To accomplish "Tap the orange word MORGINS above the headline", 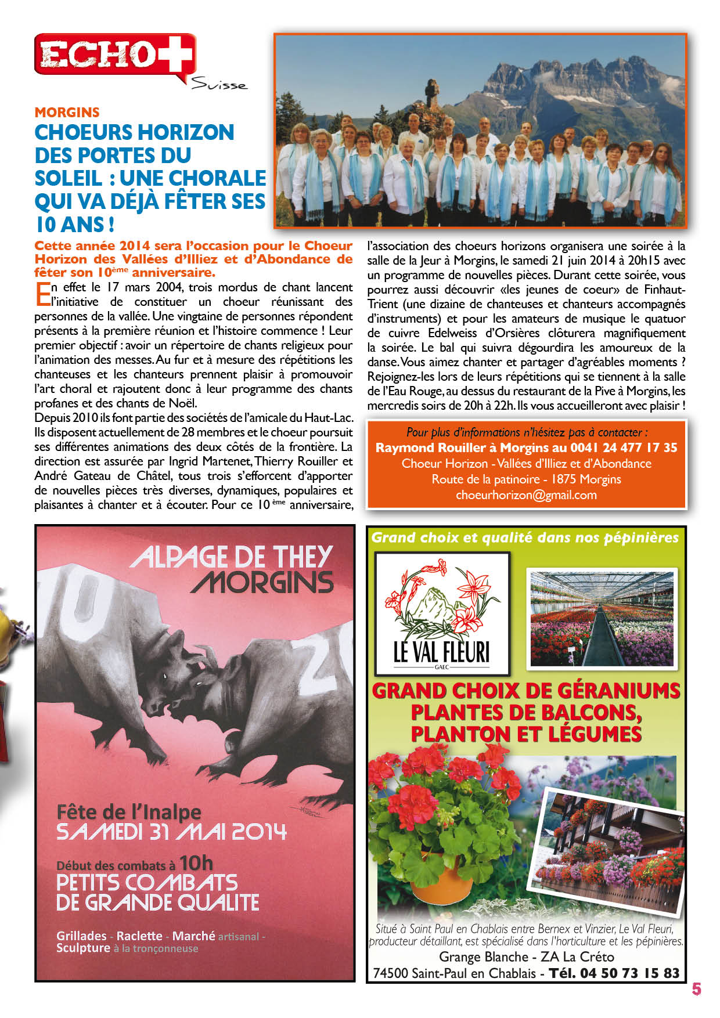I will [67, 113].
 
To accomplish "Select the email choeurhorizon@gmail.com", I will [526, 495].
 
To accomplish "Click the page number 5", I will [697, 989].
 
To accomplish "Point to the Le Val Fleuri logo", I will [442, 613].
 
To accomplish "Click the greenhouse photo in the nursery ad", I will [602, 619].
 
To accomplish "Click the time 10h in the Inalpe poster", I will [196, 864].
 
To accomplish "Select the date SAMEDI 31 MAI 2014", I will [171, 832].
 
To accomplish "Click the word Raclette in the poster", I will [139, 936].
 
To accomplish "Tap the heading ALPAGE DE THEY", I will [231, 557].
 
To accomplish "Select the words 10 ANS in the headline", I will [74, 224].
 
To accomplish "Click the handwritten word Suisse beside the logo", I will [219, 85].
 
